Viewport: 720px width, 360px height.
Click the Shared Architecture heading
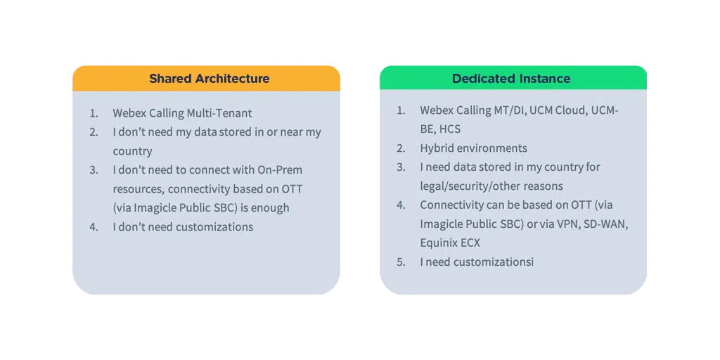(209, 78)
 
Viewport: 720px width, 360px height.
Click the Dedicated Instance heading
(511, 78)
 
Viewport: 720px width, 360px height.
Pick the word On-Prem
(279, 169)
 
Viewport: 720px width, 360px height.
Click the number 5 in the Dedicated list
(401, 262)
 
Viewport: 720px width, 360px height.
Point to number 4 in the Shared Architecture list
(94, 226)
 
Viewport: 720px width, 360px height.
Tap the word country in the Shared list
(132, 150)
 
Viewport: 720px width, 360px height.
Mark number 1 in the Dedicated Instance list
(401, 110)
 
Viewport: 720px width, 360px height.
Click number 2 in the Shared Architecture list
(94, 131)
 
